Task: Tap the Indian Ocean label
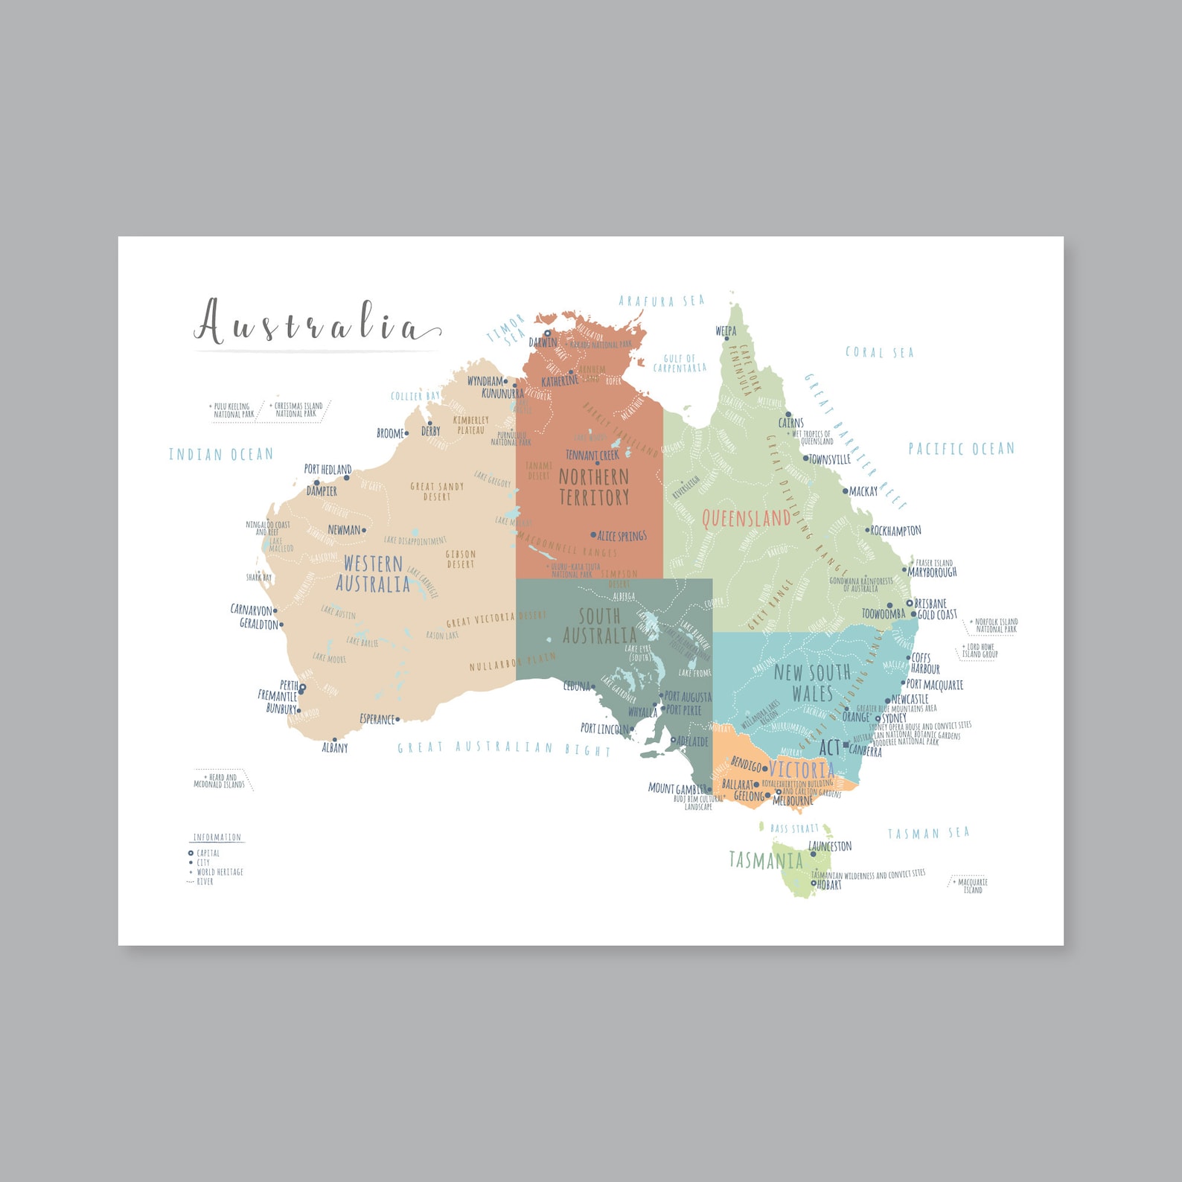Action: [x=220, y=454]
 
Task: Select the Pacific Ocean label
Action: [x=961, y=449]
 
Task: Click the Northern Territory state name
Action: [x=593, y=487]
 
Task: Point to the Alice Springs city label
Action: [x=622, y=536]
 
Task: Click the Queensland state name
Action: [x=746, y=518]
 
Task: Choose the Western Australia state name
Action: [x=372, y=574]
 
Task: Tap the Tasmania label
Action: [x=765, y=860]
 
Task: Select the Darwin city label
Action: [x=543, y=342]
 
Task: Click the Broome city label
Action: [x=390, y=433]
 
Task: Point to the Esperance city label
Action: [x=377, y=719]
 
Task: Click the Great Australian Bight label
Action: [x=504, y=748]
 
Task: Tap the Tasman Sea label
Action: [x=928, y=833]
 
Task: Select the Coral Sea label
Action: [x=879, y=352]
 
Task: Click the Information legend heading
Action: [x=217, y=837]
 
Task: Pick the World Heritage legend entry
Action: [x=220, y=872]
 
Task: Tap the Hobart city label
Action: [x=829, y=885]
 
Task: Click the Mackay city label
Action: [x=863, y=491]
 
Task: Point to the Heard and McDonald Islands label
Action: [x=219, y=781]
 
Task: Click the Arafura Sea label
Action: [x=661, y=301]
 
